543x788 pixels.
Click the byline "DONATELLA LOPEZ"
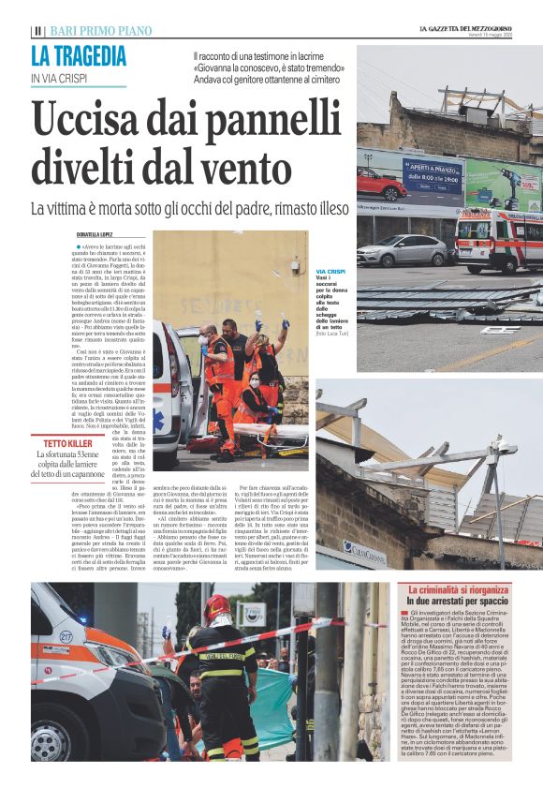(101, 233)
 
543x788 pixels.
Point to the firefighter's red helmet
(216, 609)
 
